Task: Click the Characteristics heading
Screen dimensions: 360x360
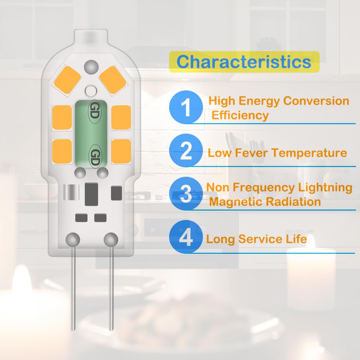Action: (244, 62)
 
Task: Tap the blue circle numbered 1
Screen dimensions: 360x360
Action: (186, 107)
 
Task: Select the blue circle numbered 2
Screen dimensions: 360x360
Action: (186, 150)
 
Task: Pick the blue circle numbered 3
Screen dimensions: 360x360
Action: (186, 193)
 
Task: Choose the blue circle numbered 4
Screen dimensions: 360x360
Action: (186, 237)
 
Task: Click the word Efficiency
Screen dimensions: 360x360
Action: (240, 115)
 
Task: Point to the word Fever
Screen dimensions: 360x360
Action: (251, 153)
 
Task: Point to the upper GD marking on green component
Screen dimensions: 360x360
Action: (95, 111)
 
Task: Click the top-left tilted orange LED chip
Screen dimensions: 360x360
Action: (67, 80)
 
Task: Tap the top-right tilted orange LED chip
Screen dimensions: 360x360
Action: (112, 80)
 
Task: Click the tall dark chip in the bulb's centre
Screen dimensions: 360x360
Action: (91, 194)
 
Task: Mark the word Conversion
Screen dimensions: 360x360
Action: (316, 101)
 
